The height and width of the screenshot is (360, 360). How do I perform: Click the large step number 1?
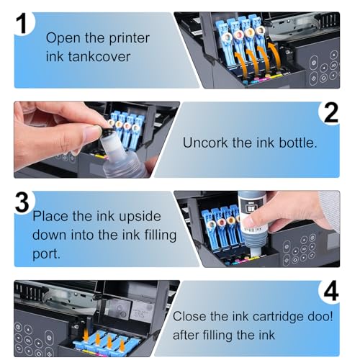pyautogui.click(x=23, y=23)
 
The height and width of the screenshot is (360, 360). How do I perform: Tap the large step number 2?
pyautogui.click(x=331, y=112)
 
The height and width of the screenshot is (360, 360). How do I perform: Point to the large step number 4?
pyautogui.click(x=331, y=291)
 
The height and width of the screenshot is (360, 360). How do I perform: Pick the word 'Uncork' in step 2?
pyautogui.click(x=205, y=143)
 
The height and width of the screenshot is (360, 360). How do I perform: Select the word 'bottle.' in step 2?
pyautogui.click(x=298, y=143)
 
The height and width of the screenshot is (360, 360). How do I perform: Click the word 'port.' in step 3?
pyautogui.click(x=46, y=254)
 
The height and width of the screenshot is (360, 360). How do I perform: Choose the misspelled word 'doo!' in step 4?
pyautogui.click(x=320, y=316)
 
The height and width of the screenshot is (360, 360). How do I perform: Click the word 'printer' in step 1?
pyautogui.click(x=129, y=38)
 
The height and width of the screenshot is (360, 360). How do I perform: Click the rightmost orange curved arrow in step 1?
pyautogui.click(x=275, y=57)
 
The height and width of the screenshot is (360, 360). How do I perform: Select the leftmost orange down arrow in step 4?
pyautogui.click(x=86, y=335)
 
